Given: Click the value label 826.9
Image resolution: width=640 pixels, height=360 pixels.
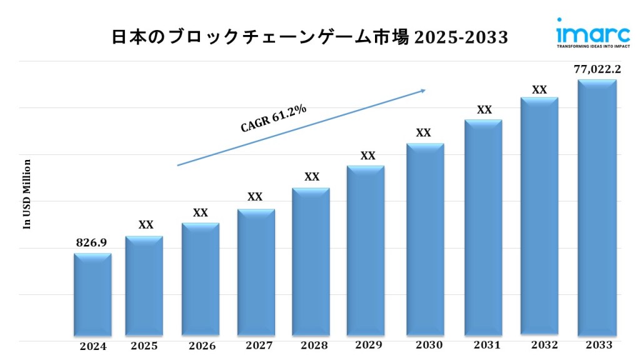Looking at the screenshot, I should tap(91, 242).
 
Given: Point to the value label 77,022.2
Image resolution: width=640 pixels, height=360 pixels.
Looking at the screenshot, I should tap(597, 69).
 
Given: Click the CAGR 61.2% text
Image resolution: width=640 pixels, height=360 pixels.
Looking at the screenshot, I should tap(274, 118).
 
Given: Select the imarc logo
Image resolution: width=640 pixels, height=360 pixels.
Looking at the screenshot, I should tap(592, 33).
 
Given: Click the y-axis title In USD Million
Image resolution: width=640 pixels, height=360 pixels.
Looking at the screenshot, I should tap(27, 194).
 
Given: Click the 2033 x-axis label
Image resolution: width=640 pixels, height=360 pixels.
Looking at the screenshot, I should tap(599, 345).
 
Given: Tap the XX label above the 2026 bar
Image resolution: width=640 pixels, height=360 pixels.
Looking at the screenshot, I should tap(201, 212).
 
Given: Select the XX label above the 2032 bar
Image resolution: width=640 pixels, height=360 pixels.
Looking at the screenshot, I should tap(539, 89).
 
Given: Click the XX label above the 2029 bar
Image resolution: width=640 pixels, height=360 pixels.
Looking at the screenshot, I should tap(368, 156).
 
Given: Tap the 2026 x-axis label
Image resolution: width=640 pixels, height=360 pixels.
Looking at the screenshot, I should tap(202, 346).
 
